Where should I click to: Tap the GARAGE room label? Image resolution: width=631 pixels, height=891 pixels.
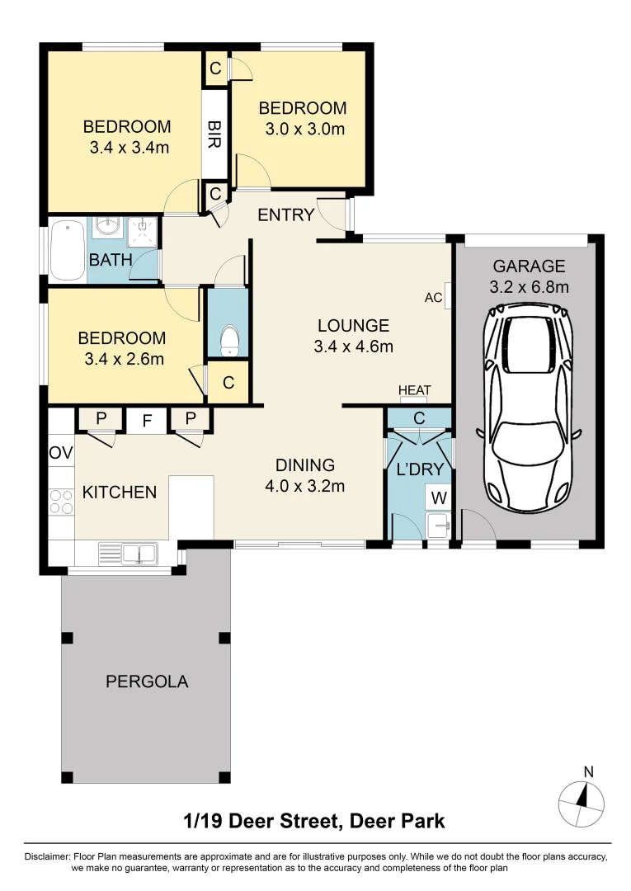click(x=529, y=266)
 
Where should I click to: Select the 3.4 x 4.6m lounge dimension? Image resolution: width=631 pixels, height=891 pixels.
click(x=353, y=346)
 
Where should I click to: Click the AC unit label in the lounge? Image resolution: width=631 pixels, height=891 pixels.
click(x=432, y=297)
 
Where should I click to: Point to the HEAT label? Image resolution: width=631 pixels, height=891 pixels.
click(x=414, y=390)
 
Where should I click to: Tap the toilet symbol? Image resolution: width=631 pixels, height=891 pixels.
click(x=228, y=340)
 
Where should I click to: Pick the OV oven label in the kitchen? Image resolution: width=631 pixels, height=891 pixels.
click(x=61, y=453)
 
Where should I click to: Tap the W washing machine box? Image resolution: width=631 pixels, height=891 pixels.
click(x=437, y=497)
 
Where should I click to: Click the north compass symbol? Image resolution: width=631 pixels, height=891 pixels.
click(x=582, y=799)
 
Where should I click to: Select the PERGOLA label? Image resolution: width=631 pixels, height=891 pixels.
click(x=147, y=681)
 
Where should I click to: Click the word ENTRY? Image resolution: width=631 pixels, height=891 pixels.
click(x=285, y=215)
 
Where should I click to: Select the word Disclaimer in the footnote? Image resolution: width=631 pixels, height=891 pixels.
click(x=48, y=857)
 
